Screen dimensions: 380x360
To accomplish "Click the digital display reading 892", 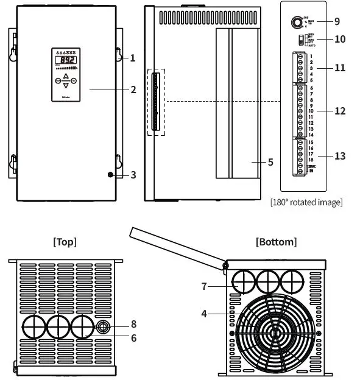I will click(65, 61).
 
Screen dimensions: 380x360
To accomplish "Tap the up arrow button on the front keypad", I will click(66, 77).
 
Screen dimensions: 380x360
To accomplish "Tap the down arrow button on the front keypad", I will click(66, 85).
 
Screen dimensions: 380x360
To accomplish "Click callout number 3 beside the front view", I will click(133, 175).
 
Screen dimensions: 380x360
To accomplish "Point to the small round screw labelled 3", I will click(110, 175).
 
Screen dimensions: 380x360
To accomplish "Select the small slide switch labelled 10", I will click(300, 40).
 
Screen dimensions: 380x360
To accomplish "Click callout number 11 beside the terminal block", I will click(339, 68).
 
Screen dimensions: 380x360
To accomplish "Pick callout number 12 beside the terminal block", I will click(339, 111).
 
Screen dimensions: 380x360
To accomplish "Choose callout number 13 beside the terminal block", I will click(339, 156).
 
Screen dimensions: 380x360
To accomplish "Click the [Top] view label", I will click(65, 242).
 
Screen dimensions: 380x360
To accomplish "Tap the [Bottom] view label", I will click(277, 242).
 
